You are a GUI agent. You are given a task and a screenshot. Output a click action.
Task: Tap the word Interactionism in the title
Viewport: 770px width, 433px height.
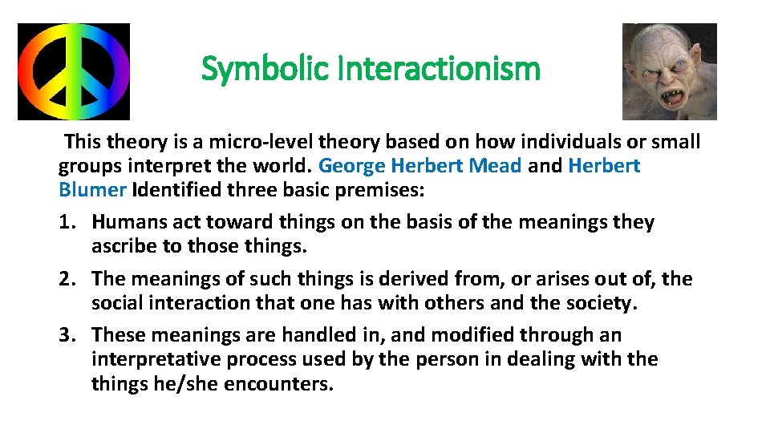pyautogui.click(x=440, y=70)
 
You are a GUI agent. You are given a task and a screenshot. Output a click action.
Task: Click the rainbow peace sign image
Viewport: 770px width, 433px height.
pyautogui.click(x=74, y=71)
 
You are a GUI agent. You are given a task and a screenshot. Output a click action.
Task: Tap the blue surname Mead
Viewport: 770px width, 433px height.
pyautogui.click(x=496, y=166)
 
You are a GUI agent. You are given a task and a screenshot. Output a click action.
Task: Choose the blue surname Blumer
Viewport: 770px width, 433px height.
pyautogui.click(x=92, y=190)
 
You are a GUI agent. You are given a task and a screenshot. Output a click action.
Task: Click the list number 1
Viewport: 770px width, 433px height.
pyautogui.click(x=67, y=222)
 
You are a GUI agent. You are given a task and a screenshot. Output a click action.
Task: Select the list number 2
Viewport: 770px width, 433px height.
pyautogui.click(x=67, y=279)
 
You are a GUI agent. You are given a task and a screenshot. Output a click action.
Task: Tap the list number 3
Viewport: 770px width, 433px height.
pyautogui.click(x=67, y=335)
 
